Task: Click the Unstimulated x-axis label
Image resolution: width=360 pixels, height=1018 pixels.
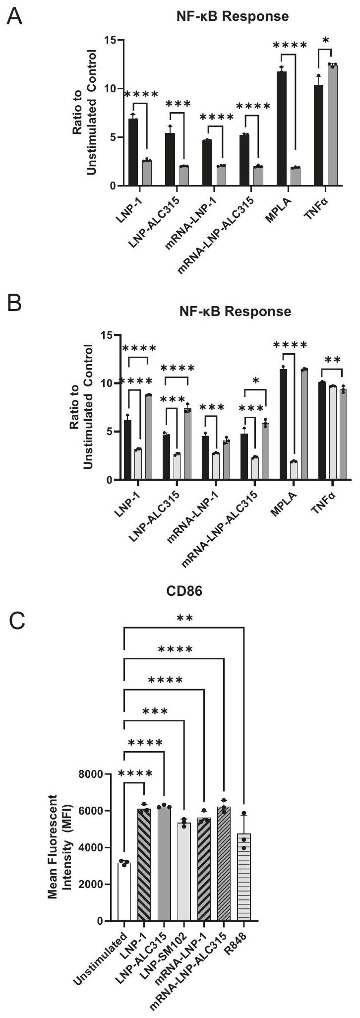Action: point(105,955)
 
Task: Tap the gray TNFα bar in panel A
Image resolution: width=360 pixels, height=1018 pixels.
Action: point(332,125)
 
